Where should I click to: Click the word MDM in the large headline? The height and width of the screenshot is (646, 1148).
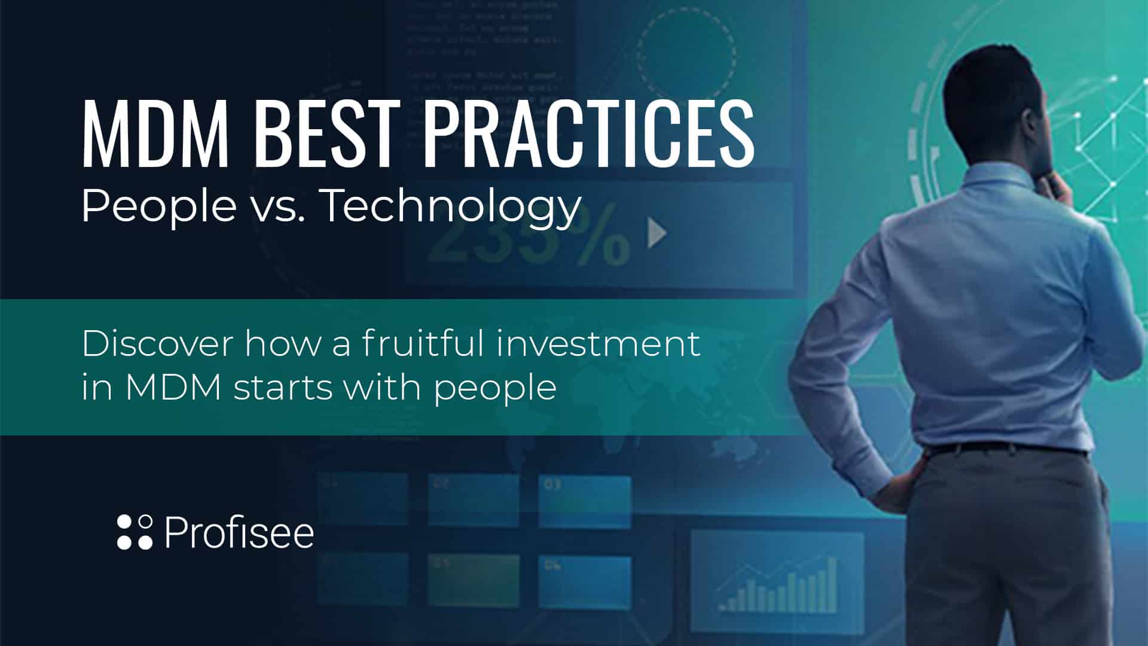click(x=155, y=132)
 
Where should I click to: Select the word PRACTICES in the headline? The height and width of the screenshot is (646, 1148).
click(x=588, y=132)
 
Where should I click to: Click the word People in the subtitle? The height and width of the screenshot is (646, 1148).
click(x=158, y=206)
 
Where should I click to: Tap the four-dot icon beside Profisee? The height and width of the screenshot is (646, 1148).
click(x=135, y=531)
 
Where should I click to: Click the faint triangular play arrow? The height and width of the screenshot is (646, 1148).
click(x=657, y=233)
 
